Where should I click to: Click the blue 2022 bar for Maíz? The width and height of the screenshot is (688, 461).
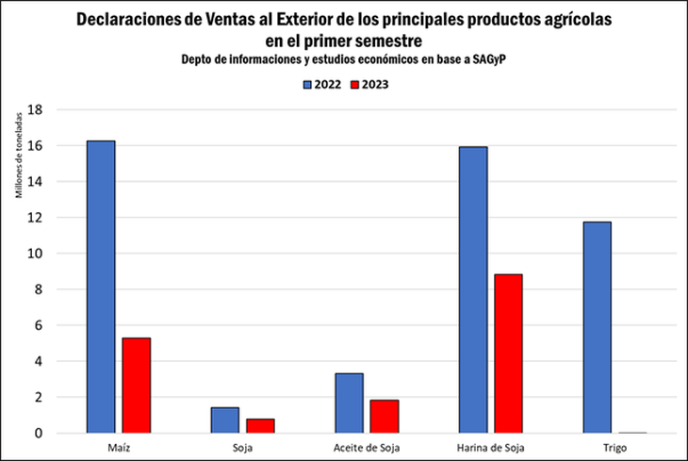click(x=101, y=287)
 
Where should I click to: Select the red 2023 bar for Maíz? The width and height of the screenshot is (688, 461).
click(x=136, y=385)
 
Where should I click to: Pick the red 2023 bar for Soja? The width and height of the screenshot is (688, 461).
click(x=259, y=425)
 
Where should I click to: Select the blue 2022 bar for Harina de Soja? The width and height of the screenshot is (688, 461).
click(x=472, y=289)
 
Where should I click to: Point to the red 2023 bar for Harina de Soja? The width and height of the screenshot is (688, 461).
click(x=507, y=354)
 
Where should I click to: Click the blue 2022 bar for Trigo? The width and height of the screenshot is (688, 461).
click(x=597, y=327)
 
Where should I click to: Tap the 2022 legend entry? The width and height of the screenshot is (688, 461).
click(x=321, y=84)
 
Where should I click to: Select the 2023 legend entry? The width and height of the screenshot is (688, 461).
click(x=369, y=84)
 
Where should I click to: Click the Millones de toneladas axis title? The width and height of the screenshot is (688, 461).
click(x=20, y=157)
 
